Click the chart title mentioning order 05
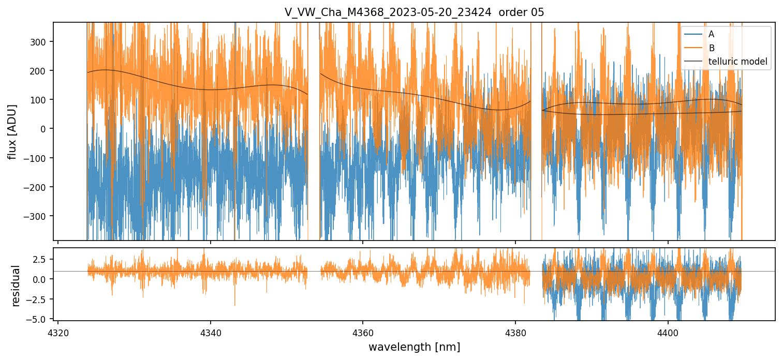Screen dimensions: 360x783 coord(414,12)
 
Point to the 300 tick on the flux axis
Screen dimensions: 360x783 coord(41,41)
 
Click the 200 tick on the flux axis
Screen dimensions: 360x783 coord(41,70)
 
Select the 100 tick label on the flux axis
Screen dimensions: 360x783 coord(41,99)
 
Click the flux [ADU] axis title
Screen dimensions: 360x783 coord(12,131)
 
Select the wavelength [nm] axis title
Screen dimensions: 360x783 coord(414,347)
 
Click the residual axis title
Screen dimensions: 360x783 coord(16,285)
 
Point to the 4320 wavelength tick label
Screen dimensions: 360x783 coord(58,331)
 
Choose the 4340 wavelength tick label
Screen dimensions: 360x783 coord(210,331)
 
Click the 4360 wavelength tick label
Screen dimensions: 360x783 coord(363,331)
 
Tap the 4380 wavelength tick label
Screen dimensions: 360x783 coord(515,331)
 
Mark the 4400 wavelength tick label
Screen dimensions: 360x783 coord(668,331)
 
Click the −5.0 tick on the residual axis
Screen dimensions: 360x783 coord(39,319)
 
